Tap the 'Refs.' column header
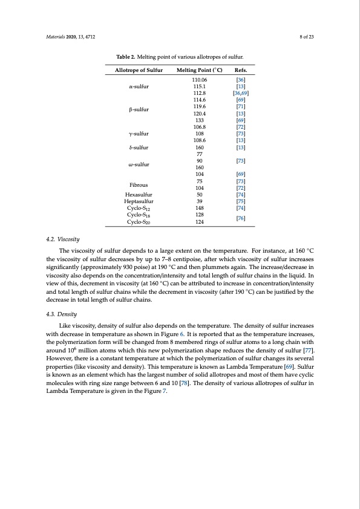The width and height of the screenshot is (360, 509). (x=241, y=71)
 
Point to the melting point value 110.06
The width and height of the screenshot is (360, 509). (x=199, y=80)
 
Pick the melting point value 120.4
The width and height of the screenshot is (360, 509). (x=199, y=113)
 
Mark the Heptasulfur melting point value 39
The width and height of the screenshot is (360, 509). (x=199, y=202)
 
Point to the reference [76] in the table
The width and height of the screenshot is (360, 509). (x=240, y=218)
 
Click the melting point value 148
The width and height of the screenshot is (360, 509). (x=199, y=209)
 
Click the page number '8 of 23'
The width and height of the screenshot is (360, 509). (x=309, y=37)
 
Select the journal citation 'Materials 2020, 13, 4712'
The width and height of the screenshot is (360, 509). (x=70, y=37)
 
